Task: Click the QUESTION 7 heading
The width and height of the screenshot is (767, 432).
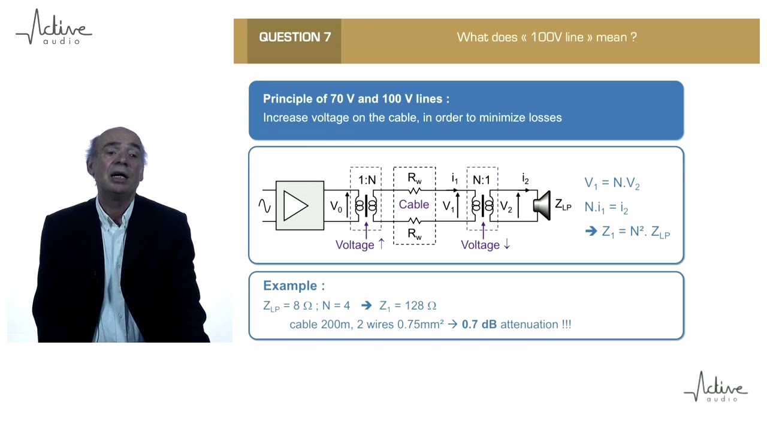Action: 295,37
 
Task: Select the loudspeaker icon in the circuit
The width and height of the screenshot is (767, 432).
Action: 542,206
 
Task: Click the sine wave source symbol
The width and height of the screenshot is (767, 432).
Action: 264,206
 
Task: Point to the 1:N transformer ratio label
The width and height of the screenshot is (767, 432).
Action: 367,180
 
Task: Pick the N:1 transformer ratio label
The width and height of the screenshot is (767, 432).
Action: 481,180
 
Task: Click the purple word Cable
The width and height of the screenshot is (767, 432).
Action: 414,205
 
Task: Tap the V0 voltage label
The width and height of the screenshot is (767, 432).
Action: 336,207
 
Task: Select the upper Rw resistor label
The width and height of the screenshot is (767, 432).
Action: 414,178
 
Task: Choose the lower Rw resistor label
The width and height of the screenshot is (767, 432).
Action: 414,233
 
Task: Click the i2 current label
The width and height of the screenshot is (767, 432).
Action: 525,179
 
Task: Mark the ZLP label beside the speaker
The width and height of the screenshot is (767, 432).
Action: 563,205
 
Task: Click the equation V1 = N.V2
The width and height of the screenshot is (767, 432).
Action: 612,184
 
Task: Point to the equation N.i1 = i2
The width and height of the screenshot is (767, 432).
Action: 606,208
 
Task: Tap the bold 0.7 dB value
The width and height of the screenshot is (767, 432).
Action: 479,325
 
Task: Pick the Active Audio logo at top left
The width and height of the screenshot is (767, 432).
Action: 54,28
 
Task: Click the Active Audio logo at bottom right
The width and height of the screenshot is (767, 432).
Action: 716,387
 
